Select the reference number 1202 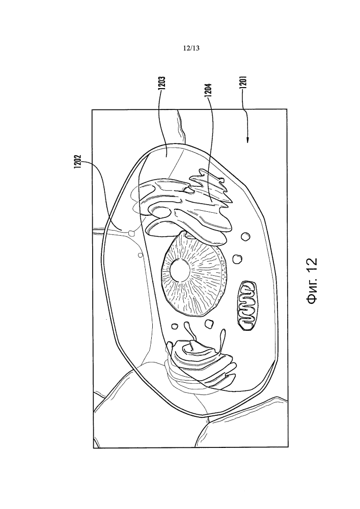tap(77, 161)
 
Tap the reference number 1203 tap(162, 86)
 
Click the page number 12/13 tap(191, 48)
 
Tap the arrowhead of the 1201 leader tap(248, 140)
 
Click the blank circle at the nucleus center tap(180, 270)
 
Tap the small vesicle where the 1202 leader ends tap(132, 233)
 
